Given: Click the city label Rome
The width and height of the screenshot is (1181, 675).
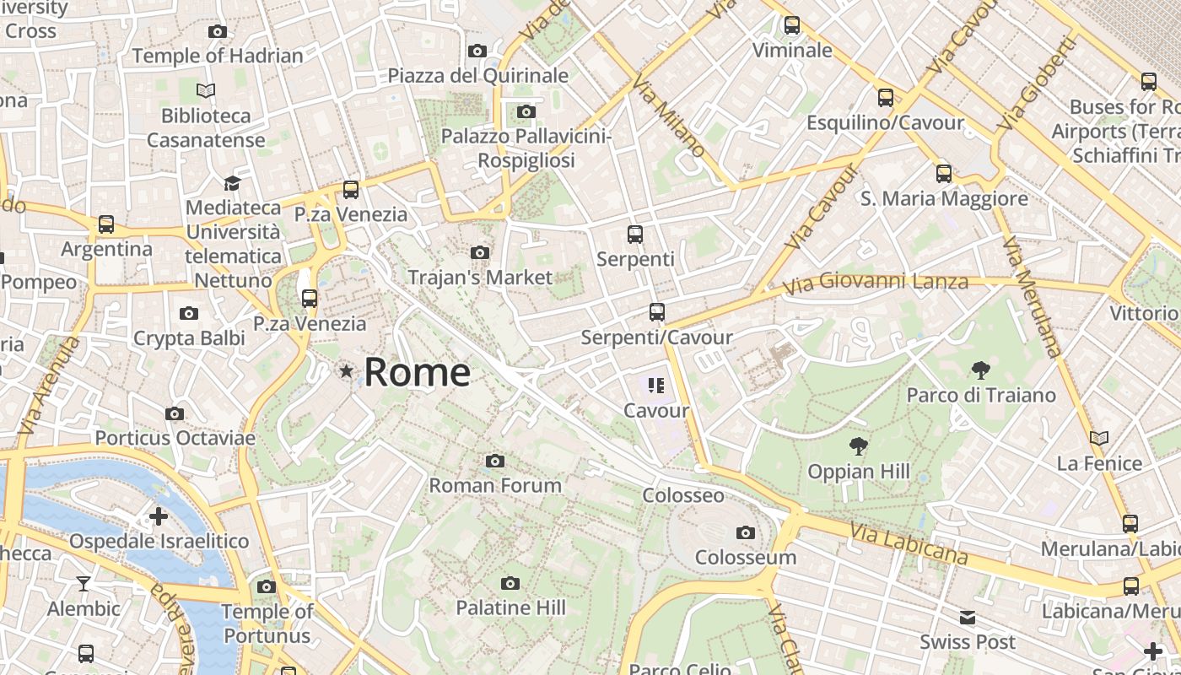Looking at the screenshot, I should click(417, 372).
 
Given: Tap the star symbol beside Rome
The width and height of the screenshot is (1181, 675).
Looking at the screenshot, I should click(346, 370).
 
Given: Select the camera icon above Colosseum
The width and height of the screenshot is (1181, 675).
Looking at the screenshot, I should click(745, 532).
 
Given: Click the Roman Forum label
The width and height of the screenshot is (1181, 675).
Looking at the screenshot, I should click(495, 485).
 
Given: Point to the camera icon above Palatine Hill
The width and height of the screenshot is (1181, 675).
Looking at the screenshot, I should click(510, 583).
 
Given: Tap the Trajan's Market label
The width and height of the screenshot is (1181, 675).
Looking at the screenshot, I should click(480, 277).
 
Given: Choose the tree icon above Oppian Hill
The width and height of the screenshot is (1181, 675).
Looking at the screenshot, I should click(859, 445).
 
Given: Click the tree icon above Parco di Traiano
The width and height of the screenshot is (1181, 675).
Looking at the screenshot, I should click(980, 370).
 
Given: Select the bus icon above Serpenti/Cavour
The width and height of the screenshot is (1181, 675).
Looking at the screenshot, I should click(657, 312).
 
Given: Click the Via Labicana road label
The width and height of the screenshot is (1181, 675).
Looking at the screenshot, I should click(909, 543).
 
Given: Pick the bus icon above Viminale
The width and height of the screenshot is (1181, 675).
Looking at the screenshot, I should click(791, 25).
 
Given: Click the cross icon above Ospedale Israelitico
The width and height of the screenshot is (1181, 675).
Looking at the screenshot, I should click(159, 516).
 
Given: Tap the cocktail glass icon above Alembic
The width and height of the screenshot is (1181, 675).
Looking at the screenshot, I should click(84, 583).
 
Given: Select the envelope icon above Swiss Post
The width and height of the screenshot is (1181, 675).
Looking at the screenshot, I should click(968, 618).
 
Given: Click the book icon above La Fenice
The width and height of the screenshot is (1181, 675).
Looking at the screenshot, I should click(1098, 438).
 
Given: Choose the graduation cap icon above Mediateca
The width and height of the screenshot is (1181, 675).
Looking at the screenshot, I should click(232, 182).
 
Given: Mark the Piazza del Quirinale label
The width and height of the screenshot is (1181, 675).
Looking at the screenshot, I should click(477, 76).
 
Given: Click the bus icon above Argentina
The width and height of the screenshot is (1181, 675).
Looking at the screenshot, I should click(106, 224).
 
